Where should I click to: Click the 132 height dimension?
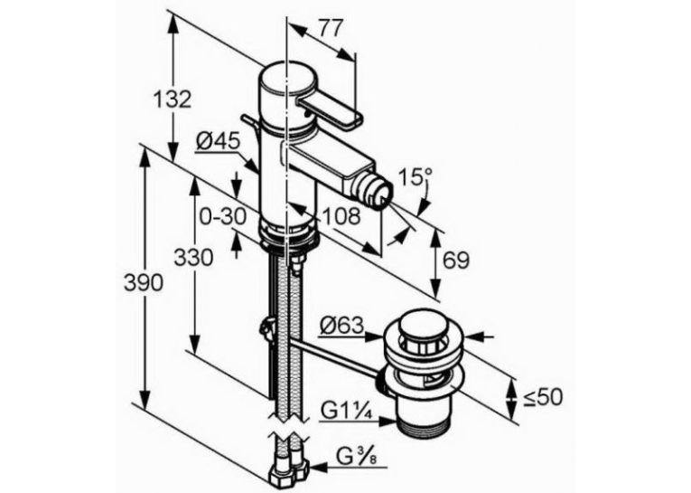pyautogui.click(x=173, y=100)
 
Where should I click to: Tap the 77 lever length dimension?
pyautogui.click(x=330, y=29)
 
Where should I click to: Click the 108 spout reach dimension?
pyautogui.click(x=341, y=216)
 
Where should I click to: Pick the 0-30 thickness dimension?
pyautogui.click(x=222, y=216)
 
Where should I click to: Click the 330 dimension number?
pyautogui.click(x=193, y=257)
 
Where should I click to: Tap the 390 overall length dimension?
pyautogui.click(x=144, y=282)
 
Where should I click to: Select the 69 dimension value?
pyautogui.click(x=456, y=261)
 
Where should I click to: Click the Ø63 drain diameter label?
pyautogui.click(x=342, y=327)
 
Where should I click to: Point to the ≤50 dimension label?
pyautogui.click(x=543, y=397)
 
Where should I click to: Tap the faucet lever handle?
pyautogui.click(x=331, y=112)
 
